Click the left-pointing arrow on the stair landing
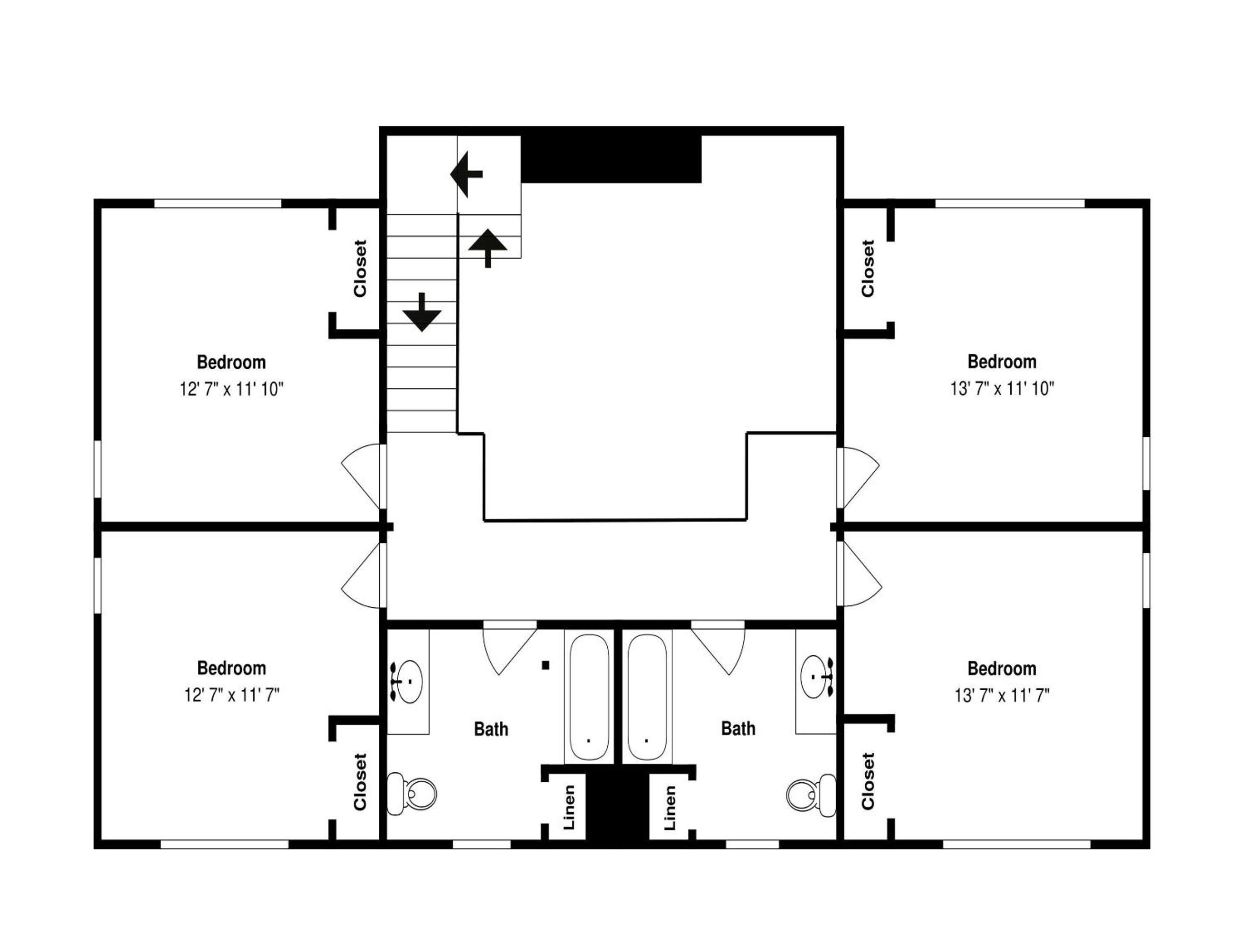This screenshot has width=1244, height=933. point(466,175)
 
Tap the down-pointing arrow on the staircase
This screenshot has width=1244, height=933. point(422,313)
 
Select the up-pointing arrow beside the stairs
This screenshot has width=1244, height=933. point(488,248)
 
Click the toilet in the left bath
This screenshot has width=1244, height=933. point(412,794)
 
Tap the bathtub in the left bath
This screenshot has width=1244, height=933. point(589,697)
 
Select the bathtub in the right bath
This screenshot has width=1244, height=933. point(647,697)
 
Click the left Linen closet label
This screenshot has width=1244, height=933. point(569,808)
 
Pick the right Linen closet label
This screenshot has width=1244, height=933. point(669,808)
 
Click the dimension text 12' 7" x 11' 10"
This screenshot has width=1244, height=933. point(232,389)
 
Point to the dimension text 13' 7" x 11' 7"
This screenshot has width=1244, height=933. point(1002,696)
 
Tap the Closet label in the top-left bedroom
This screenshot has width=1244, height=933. point(360,268)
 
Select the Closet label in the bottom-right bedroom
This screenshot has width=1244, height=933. point(868,781)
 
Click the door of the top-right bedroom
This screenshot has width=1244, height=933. point(858,478)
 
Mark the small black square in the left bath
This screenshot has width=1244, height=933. point(545,665)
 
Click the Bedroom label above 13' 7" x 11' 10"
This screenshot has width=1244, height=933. point(1002,362)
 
